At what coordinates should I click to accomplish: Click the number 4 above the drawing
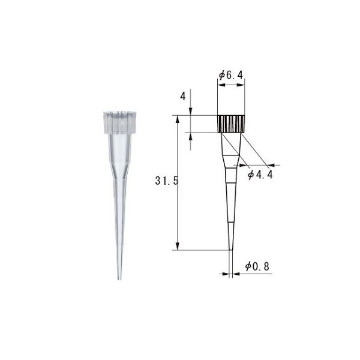(x=182, y=96)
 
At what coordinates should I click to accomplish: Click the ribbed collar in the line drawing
(x=231, y=124)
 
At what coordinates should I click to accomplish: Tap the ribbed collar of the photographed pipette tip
(x=120, y=122)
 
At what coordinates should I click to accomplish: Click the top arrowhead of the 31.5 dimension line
(x=177, y=118)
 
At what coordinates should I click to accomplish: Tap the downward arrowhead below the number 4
(x=191, y=112)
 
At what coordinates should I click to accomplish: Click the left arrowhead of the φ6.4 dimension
(x=219, y=86)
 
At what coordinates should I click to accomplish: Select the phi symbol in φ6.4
(x=221, y=75)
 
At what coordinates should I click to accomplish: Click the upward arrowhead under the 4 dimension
(x=191, y=136)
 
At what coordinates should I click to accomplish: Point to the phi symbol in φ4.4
(x=251, y=175)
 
